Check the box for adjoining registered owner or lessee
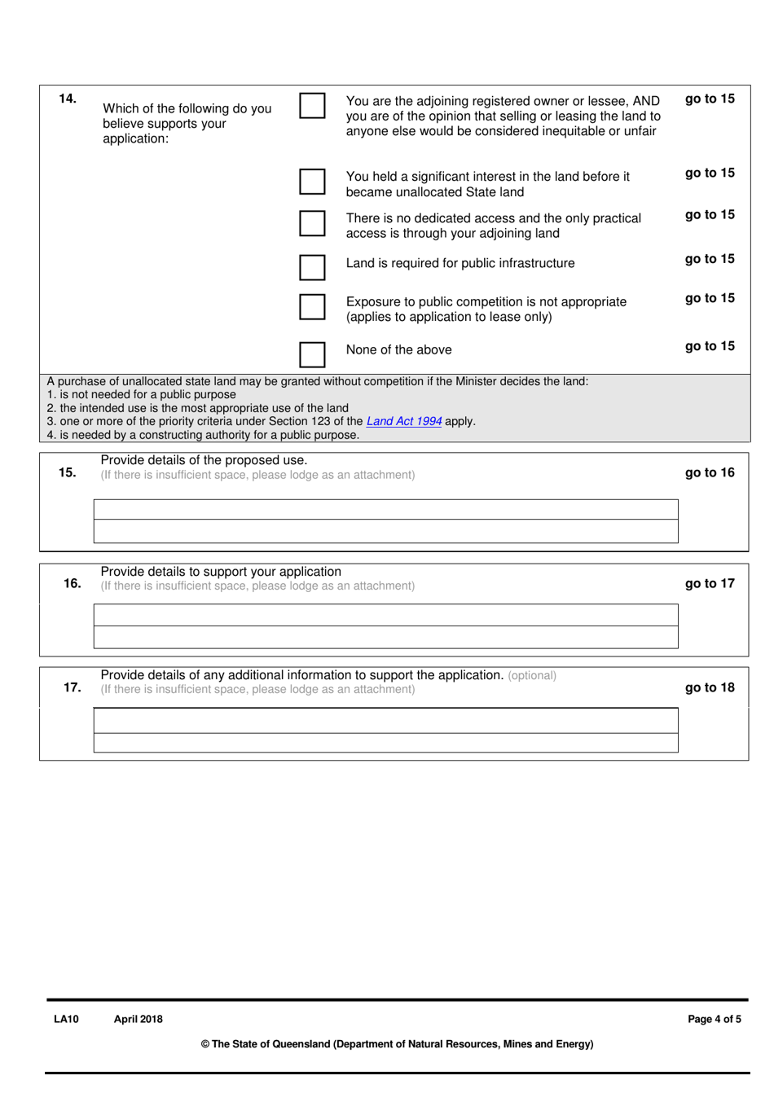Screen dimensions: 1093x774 [x=312, y=106]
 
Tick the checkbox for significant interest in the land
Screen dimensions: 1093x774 [x=312, y=182]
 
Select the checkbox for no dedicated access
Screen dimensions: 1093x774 [x=312, y=223]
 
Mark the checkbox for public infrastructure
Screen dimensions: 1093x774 [x=312, y=267]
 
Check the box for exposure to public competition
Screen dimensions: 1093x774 [x=312, y=306]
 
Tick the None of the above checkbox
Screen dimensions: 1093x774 [x=312, y=354]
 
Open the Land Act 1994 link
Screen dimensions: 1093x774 [x=404, y=421]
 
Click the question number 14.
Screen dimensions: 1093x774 [x=68, y=99]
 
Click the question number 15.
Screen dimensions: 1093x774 [x=68, y=472]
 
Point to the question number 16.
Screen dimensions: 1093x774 [x=72, y=583]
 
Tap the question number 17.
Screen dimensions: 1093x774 [x=72, y=687]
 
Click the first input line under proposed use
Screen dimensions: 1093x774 [x=385, y=510]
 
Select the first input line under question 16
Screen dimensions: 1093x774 [x=385, y=615]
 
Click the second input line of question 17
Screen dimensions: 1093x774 [x=385, y=743]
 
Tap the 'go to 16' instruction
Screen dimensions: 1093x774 [x=710, y=472]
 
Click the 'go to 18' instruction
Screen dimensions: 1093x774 [x=710, y=687]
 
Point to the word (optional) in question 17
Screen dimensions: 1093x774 [x=532, y=676]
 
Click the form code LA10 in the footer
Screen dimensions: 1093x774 [x=67, y=1019]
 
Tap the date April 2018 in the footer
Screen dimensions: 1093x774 [x=139, y=1019]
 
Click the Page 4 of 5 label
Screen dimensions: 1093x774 [x=715, y=1019]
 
